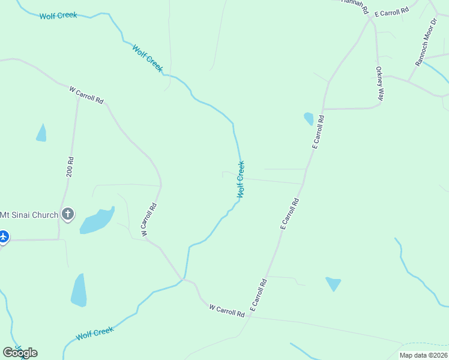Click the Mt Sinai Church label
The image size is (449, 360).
click(29, 215)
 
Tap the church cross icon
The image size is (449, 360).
click(68, 214)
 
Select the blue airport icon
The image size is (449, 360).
click(3, 236)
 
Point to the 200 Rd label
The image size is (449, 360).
click(70, 167)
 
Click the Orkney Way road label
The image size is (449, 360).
click(380, 83)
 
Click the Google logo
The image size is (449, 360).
click(20, 353)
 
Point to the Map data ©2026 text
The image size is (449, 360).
click(423, 355)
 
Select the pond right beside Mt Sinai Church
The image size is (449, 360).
click(96, 221)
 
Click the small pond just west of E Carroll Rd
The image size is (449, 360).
click(309, 118)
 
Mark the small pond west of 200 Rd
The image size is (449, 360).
click(41, 134)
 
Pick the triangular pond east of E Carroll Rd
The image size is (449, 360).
click(333, 283)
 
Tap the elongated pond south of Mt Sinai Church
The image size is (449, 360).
click(79, 290)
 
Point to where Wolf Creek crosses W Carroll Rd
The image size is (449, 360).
click(182, 279)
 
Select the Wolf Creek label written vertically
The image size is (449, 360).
click(241, 179)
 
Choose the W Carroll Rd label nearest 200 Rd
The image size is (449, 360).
click(86, 94)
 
